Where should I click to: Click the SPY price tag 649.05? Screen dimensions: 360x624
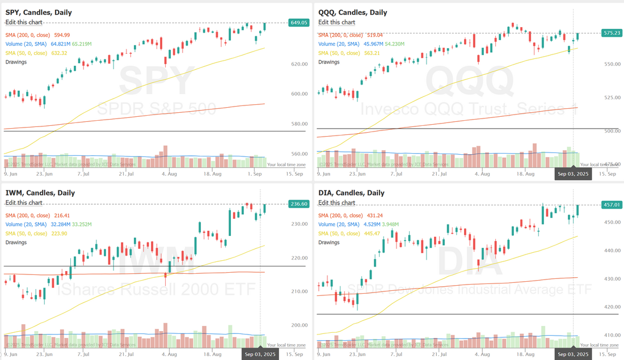tap(298, 23)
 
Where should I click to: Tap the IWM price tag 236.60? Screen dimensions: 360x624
tap(298, 204)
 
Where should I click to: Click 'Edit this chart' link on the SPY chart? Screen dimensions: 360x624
tap(24, 22)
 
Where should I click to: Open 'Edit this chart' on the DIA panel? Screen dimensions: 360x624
tap(337, 202)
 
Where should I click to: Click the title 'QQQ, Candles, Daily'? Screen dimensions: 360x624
tap(352, 12)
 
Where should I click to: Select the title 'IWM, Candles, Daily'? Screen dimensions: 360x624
tap(40, 193)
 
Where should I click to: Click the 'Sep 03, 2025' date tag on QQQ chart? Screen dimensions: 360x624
tap(573, 174)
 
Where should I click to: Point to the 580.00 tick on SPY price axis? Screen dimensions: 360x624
tap(299, 124)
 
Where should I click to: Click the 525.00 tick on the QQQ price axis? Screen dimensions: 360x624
tap(612, 98)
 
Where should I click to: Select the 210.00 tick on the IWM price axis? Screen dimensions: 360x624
tap(299, 291)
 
